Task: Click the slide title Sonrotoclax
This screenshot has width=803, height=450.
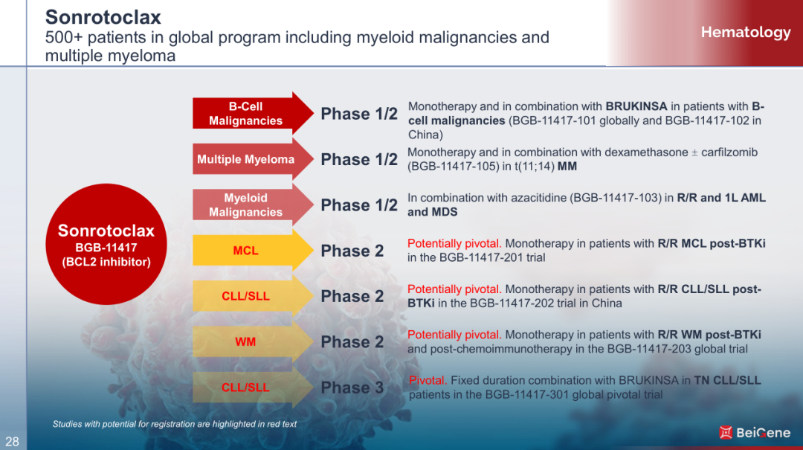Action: pos(103,17)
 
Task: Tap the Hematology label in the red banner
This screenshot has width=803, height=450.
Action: pos(746,32)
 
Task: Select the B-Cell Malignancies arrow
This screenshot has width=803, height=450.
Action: pos(253,113)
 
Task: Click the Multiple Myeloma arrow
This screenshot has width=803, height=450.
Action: pos(253,159)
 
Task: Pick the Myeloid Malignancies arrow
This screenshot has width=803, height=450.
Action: pos(253,205)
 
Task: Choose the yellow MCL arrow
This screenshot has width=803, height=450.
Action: pos(253,250)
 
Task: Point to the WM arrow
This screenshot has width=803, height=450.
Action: pos(253,341)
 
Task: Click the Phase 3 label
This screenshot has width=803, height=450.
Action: pos(352,388)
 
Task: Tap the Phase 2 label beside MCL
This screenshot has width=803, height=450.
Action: pos(352,251)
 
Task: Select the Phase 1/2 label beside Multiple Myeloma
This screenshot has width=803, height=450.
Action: pos(359,159)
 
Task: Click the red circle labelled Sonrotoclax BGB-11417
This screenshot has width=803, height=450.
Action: pos(106,245)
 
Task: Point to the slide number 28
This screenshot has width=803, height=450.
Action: pos(13,441)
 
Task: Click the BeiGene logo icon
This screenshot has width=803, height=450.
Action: pos(726,433)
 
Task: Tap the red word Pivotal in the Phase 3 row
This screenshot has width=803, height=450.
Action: pos(428,380)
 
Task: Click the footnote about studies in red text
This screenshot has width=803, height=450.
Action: pos(174,424)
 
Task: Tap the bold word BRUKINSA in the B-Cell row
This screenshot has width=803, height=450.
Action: pos(636,106)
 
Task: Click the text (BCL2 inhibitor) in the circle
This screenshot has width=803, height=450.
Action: pos(106,262)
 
